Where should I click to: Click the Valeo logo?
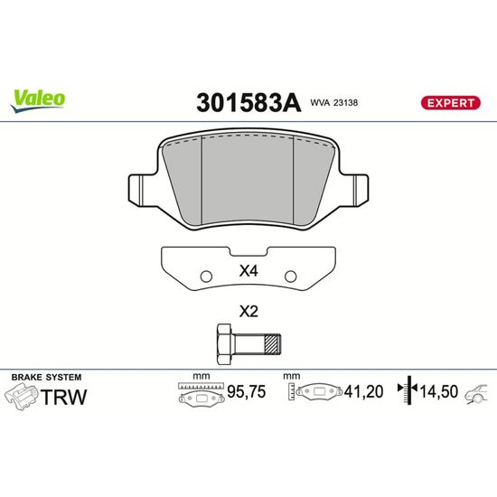tap(38, 101)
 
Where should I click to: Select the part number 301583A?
tap(248, 103)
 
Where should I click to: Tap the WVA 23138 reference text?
tap(333, 103)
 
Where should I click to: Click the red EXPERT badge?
tap(450, 103)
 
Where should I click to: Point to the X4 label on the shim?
tap(248, 271)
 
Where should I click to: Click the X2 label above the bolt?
tap(248, 312)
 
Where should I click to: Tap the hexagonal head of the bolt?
tap(224, 344)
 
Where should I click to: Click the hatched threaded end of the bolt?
tap(273, 344)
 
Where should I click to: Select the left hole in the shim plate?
tap(206, 277)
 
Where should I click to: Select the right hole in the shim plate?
tap(290, 277)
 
